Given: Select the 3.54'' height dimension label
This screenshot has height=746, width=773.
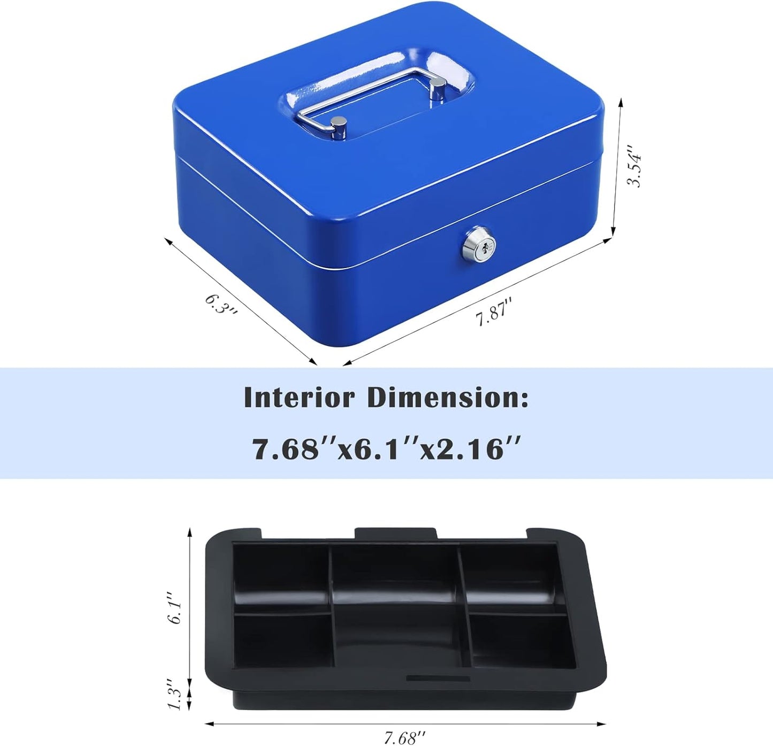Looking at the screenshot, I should pos(634,166).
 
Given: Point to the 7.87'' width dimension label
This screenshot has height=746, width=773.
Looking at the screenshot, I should pos(494,311).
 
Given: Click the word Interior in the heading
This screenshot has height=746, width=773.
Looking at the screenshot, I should pos(299,398).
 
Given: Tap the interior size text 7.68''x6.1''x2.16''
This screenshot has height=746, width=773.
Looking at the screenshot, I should pos(386,448).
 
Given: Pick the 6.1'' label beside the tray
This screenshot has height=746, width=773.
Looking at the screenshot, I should pos(175,607).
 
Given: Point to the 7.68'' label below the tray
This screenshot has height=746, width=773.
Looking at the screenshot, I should pos(405,738).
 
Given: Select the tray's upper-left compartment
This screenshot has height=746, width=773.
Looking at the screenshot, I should pos(281,578).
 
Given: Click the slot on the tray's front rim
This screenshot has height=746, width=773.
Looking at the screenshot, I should pos(438,679).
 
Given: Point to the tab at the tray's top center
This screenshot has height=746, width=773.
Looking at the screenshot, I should pos(395,534).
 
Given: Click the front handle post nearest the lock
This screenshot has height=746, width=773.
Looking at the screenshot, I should pos(338,128).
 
